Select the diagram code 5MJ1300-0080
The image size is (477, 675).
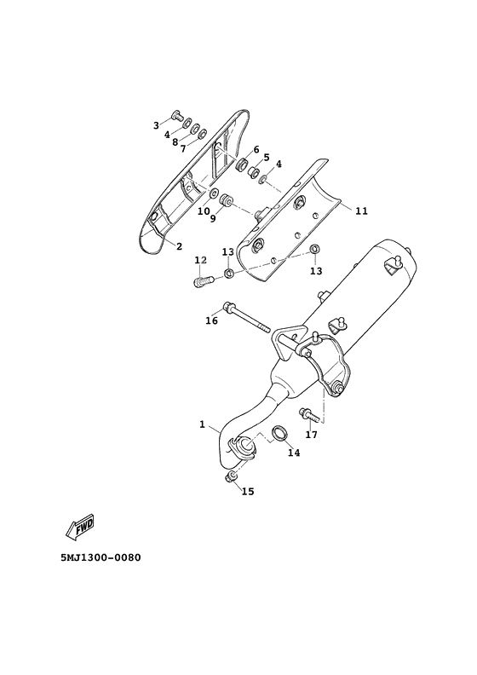(x=101, y=557)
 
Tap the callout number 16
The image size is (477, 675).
(x=211, y=320)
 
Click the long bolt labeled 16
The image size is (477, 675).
(x=246, y=318)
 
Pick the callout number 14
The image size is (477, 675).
(x=294, y=453)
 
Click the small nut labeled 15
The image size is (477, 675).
(x=230, y=476)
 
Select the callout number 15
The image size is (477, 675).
(x=248, y=491)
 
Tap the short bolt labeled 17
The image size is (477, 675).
(x=308, y=414)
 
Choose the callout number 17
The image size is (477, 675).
(x=312, y=435)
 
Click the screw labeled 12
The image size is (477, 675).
(x=203, y=281)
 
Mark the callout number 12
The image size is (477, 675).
(x=201, y=260)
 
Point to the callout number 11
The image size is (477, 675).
(x=362, y=211)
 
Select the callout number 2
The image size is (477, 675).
(x=180, y=246)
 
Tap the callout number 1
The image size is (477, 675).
(x=202, y=424)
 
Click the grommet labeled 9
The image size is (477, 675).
(x=227, y=200)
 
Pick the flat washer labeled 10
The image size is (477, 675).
(x=214, y=193)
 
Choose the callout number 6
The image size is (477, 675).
(x=256, y=149)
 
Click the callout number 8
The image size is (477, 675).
(x=175, y=142)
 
